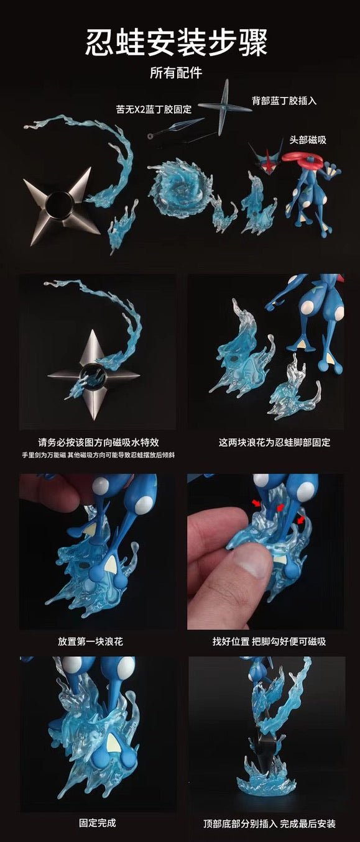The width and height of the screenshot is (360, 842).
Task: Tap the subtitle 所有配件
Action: (x=176, y=73)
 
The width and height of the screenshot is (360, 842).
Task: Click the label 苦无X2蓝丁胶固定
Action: (x=154, y=109)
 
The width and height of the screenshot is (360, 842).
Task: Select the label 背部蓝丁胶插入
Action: (x=284, y=101)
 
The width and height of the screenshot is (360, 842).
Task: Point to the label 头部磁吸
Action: (x=307, y=140)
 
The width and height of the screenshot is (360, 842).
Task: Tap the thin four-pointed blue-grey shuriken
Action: (x=224, y=107)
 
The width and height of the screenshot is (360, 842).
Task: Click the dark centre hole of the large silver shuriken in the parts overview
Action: (x=59, y=204)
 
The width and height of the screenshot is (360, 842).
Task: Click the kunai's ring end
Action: (x=151, y=135)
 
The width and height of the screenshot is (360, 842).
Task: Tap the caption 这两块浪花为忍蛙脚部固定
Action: (x=275, y=442)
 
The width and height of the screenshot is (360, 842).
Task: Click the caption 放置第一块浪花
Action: (x=90, y=641)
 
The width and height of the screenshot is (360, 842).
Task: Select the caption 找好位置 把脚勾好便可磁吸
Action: (x=269, y=641)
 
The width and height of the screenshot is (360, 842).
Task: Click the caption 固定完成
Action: (x=97, y=823)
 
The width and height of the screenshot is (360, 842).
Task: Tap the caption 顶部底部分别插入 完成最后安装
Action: (x=269, y=823)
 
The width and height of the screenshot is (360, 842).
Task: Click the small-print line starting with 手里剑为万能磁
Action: (x=98, y=455)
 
